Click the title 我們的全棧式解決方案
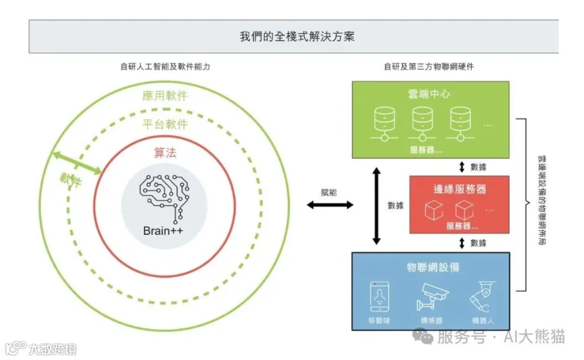(x=297, y=36)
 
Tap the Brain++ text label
(x=163, y=231)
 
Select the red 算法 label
(x=165, y=152)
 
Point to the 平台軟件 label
(x=165, y=124)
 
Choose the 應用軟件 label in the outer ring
(x=165, y=96)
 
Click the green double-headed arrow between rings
(x=77, y=163)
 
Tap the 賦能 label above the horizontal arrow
(x=329, y=193)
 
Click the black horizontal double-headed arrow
(x=330, y=205)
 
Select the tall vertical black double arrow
(x=376, y=206)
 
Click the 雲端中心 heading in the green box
(x=429, y=94)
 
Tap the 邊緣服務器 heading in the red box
(x=459, y=189)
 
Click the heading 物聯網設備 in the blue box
(x=433, y=267)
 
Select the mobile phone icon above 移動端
(x=380, y=296)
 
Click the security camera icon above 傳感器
(x=432, y=296)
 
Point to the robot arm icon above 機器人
(x=482, y=296)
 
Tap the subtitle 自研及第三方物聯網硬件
(x=429, y=67)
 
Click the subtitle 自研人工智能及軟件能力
(x=165, y=67)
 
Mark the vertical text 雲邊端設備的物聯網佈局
(x=542, y=200)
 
